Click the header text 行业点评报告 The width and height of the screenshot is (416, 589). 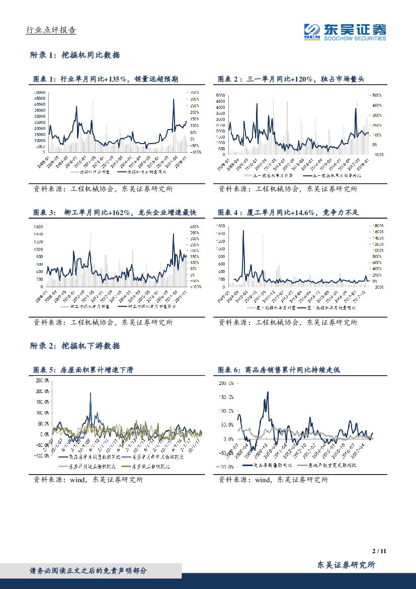[x=50, y=30]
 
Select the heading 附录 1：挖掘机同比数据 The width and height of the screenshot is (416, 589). [x=75, y=55]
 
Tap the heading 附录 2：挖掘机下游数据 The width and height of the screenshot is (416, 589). [x=75, y=346]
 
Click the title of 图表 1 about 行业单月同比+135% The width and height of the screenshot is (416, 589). [x=105, y=79]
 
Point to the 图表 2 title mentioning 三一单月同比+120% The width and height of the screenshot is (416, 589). [x=293, y=79]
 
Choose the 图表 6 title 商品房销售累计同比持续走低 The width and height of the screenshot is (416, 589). [x=279, y=370]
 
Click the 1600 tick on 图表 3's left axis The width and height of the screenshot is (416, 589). [x=38, y=227]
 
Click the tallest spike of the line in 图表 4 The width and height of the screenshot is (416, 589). [x=244, y=231]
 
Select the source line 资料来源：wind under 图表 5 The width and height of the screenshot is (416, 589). [x=88, y=480]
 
